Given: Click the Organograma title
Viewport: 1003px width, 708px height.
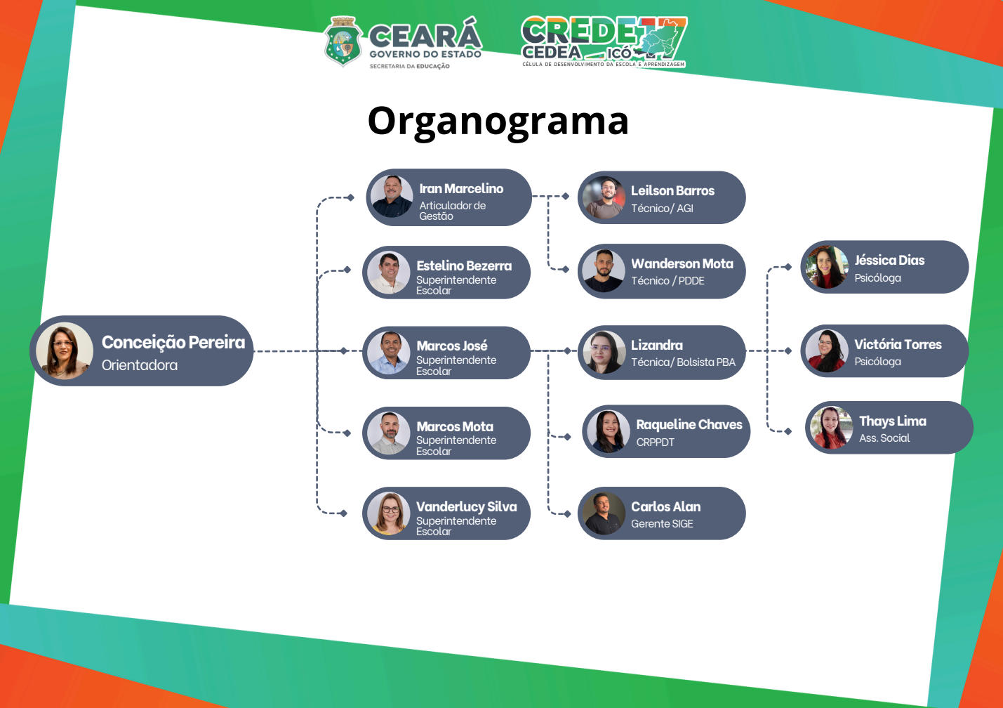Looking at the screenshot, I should pyautogui.click(x=498, y=122).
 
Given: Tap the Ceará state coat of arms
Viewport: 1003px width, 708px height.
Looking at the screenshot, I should pyautogui.click(x=343, y=42).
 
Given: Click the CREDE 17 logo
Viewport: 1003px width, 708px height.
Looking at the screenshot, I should pyautogui.click(x=604, y=42).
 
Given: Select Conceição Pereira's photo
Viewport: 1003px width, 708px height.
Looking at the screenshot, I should pyautogui.click(x=65, y=350).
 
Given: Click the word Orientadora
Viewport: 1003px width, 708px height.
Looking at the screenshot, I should pyautogui.click(x=140, y=365).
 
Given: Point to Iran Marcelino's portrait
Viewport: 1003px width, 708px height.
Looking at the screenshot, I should pyautogui.click(x=392, y=197).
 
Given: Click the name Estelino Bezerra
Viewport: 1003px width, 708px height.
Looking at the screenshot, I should pyautogui.click(x=464, y=266).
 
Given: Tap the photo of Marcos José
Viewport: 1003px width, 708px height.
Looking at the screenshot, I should pyautogui.click(x=389, y=353).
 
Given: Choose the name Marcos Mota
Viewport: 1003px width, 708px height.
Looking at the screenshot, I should pyautogui.click(x=455, y=427).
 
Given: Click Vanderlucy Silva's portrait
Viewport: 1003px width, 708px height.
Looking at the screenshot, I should pyautogui.click(x=389, y=513).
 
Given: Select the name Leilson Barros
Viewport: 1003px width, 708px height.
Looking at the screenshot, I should pyautogui.click(x=672, y=191).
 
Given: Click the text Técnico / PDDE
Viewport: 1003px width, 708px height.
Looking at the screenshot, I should pyautogui.click(x=667, y=281).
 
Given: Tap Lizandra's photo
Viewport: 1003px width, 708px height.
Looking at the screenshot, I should pyautogui.click(x=604, y=353).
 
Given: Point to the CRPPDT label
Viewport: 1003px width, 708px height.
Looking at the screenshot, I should pyautogui.click(x=655, y=442).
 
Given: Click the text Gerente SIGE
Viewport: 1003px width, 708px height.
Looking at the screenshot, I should pyautogui.click(x=662, y=524).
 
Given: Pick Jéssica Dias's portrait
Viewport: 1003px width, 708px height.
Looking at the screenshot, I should pyautogui.click(x=827, y=267).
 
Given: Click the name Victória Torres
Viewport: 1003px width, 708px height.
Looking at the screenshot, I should pyautogui.click(x=898, y=345).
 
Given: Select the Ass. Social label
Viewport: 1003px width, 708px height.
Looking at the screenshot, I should pyautogui.click(x=884, y=438).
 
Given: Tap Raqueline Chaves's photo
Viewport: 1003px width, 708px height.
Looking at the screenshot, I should pyautogui.click(x=609, y=431).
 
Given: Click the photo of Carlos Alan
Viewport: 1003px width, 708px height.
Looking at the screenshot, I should pyautogui.click(x=604, y=513).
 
